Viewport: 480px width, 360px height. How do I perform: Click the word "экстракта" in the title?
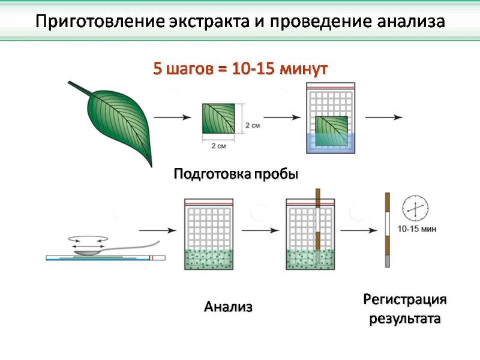[x=209, y=22]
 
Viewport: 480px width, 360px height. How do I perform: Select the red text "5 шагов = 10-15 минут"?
[x=240, y=68]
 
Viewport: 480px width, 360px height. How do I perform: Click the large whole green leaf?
[x=119, y=122]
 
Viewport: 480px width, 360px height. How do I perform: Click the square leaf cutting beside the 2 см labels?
[x=218, y=118]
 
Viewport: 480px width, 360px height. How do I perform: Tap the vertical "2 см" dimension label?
[x=253, y=125]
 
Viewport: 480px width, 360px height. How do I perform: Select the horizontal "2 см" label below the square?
[x=218, y=146]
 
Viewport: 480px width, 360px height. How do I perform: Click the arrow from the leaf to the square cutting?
[x=173, y=117]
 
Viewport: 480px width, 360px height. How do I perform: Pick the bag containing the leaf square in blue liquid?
[x=331, y=118]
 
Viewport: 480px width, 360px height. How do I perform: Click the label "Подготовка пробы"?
[x=236, y=174]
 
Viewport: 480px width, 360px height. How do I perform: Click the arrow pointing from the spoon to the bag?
[x=158, y=230]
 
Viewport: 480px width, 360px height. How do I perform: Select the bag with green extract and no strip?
[x=209, y=234]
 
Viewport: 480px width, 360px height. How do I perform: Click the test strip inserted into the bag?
[x=318, y=226]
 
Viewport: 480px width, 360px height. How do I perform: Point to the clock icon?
[x=415, y=209]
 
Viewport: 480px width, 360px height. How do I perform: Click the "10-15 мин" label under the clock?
[x=417, y=229]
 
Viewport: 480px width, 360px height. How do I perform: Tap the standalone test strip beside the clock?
[x=387, y=230]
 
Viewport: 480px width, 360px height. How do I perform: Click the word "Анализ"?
[x=228, y=307]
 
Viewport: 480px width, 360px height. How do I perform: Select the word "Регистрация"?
[x=404, y=299]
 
